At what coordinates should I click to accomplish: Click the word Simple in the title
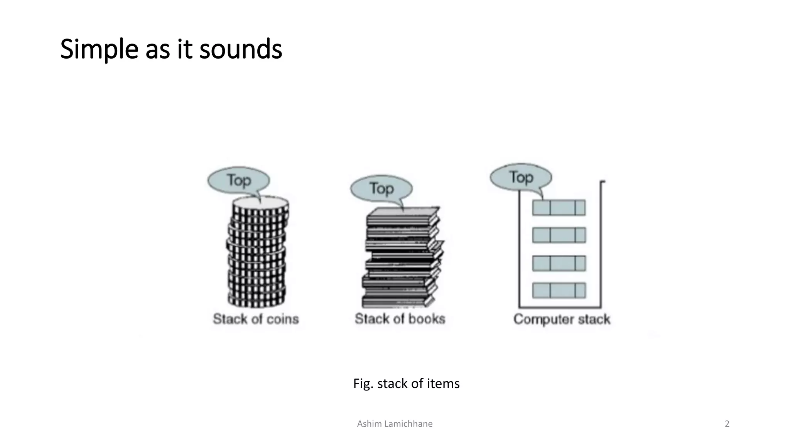99,49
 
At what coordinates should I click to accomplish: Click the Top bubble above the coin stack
238,180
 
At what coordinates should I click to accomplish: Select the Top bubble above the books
381,188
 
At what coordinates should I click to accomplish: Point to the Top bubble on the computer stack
521,177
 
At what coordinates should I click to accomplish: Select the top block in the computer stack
559,207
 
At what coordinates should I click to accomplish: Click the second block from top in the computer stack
559,235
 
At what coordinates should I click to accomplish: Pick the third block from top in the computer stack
559,263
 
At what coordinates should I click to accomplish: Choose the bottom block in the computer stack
559,291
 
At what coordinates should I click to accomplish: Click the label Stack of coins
256,319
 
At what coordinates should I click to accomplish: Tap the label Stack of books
400,319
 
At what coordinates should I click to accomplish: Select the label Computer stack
562,319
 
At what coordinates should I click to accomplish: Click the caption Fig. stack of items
406,383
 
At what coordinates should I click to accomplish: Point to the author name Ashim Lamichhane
395,424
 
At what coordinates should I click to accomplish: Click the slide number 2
727,424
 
